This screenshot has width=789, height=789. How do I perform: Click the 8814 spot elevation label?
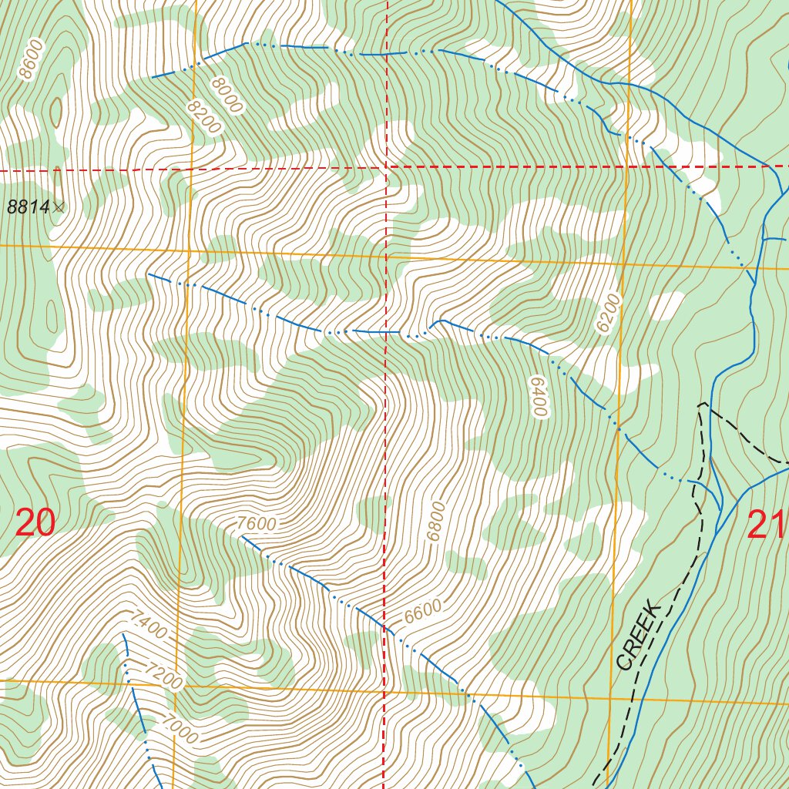[x=29, y=206]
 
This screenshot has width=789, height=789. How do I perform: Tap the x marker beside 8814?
[x=59, y=206]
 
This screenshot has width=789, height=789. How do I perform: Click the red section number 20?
[x=35, y=524]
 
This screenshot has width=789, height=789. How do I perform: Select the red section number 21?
[x=766, y=526]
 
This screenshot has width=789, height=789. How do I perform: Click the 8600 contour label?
[x=32, y=60]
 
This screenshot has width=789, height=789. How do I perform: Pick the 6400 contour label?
[x=538, y=396]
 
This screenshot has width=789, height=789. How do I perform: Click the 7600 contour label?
[x=256, y=524]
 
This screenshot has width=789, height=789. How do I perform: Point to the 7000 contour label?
[x=179, y=727]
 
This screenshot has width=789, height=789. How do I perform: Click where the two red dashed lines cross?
[x=385, y=166]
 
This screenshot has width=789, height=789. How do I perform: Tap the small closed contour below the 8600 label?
[x=55, y=112]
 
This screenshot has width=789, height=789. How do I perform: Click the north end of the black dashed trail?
[x=701, y=403]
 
